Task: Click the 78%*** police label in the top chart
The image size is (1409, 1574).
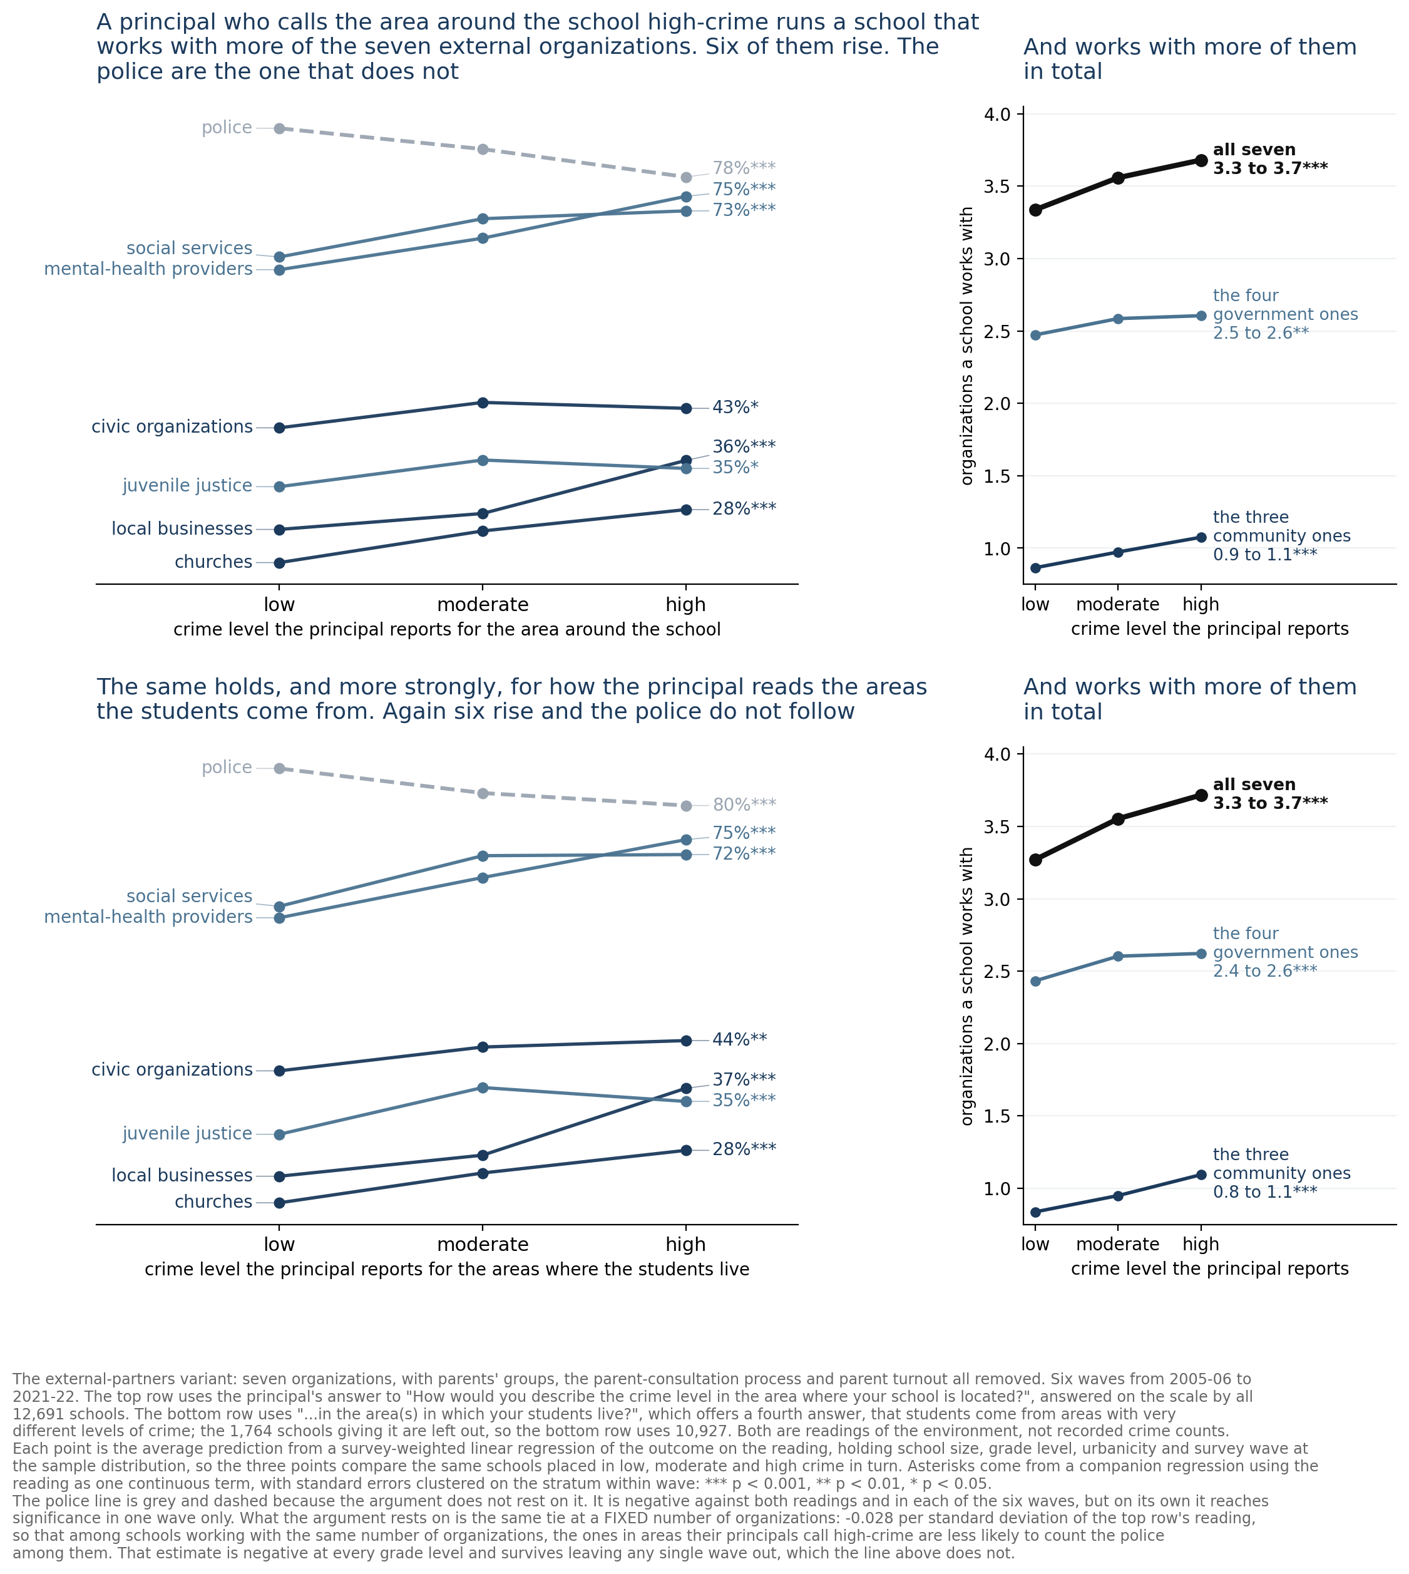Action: pyautogui.click(x=743, y=168)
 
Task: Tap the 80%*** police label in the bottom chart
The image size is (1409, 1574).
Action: pyautogui.click(x=743, y=805)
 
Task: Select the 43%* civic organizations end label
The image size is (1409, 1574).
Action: pyautogui.click(x=735, y=407)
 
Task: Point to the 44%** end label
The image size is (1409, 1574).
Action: pyautogui.click(x=739, y=1040)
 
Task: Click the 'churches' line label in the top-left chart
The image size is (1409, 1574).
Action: pyautogui.click(x=213, y=562)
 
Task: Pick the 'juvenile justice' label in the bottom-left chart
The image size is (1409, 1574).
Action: pyautogui.click(x=187, y=1134)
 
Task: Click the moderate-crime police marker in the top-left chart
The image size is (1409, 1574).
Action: pyautogui.click(x=483, y=148)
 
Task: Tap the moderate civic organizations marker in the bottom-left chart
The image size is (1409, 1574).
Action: pyautogui.click(x=483, y=1047)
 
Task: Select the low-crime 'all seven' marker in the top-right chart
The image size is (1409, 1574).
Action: pyautogui.click(x=1035, y=210)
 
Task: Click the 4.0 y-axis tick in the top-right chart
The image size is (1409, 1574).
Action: pyautogui.click(x=998, y=115)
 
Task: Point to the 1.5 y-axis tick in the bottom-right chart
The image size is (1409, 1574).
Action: pyautogui.click(x=998, y=1116)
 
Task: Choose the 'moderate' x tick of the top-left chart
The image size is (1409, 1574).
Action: pyautogui.click(x=483, y=604)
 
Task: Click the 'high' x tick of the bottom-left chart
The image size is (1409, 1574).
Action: pyautogui.click(x=686, y=1244)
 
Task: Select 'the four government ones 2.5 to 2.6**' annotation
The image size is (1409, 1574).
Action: pyautogui.click(x=1285, y=314)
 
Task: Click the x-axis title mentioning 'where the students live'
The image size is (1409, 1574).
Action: pyautogui.click(x=447, y=1269)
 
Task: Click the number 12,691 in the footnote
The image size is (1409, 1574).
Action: pyautogui.click(x=36, y=1413)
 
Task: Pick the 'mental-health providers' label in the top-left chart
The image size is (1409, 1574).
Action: pyautogui.click(x=148, y=269)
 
